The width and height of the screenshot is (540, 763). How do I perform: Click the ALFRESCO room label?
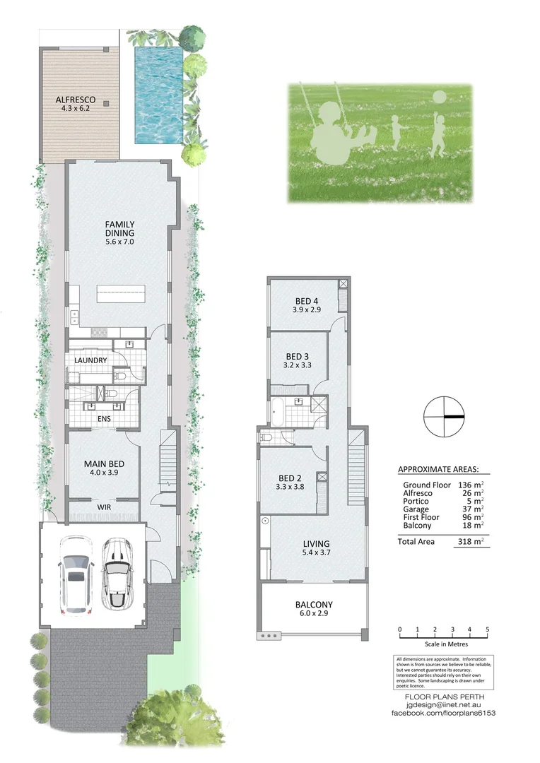point(76,100)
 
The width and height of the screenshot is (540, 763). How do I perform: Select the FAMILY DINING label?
point(119,229)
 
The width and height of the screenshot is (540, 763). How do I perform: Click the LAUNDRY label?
point(90,360)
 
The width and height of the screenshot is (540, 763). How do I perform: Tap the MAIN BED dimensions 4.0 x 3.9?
point(105,474)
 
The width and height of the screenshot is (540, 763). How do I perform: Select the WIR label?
point(104,507)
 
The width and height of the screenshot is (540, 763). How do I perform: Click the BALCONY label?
point(313,605)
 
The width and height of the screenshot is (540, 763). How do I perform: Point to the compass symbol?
point(444,417)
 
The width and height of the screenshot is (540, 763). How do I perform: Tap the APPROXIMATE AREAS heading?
point(438,469)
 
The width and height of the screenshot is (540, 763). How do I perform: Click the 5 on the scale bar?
point(487,629)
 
